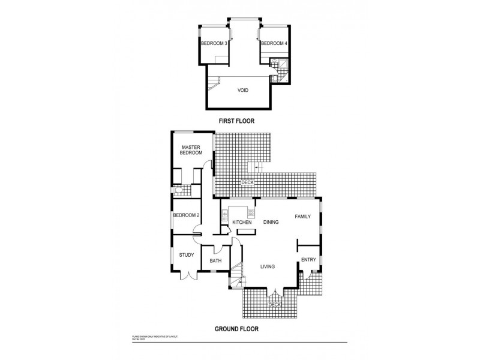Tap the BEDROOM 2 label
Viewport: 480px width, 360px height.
pyautogui.click(x=186, y=215)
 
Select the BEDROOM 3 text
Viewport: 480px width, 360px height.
pyautogui.click(x=214, y=43)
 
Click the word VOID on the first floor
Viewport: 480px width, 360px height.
pyautogui.click(x=243, y=91)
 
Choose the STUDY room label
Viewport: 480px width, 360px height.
pyautogui.click(x=186, y=255)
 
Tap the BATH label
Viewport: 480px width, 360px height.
pyautogui.click(x=215, y=261)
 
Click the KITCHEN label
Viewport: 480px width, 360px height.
pyautogui.click(x=242, y=223)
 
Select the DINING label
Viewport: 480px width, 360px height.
pyautogui.click(x=271, y=222)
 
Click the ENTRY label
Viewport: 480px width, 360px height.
pyautogui.click(x=308, y=259)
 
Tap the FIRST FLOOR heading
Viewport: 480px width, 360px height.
pyautogui.click(x=236, y=121)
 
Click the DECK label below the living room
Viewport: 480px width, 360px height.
pyautogui.click(x=274, y=305)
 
